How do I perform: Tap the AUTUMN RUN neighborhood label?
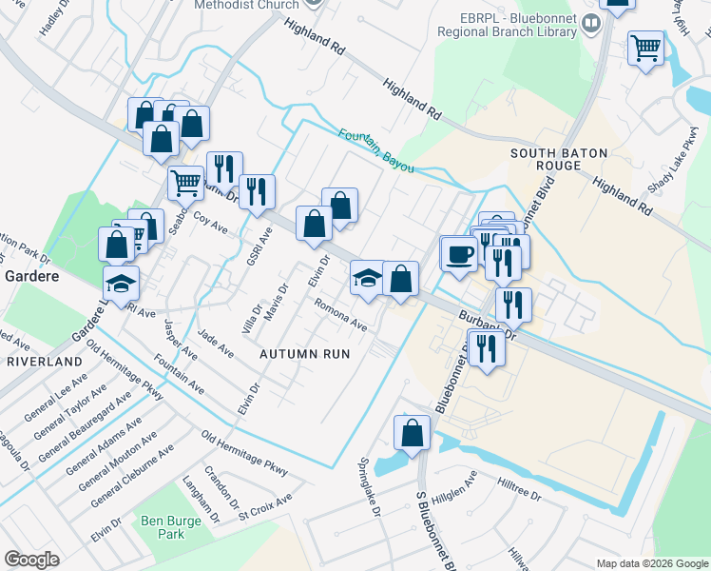click(305, 353)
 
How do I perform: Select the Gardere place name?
click(32, 276)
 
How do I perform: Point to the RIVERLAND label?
click(45, 363)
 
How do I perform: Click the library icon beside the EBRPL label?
click(591, 22)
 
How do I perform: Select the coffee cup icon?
click(459, 255)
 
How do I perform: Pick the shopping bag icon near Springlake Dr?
click(413, 433)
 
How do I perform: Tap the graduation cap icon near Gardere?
click(122, 284)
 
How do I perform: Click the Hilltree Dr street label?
click(518, 490)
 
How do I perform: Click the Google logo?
click(31, 560)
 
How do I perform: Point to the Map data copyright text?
click(650, 563)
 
